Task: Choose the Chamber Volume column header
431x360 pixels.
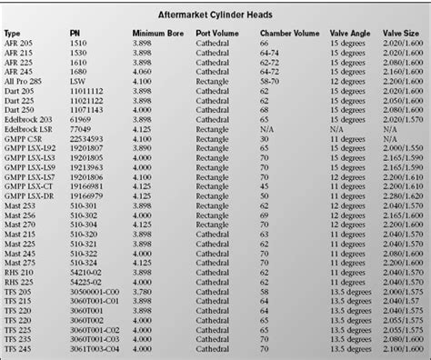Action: pyautogui.click(x=289, y=33)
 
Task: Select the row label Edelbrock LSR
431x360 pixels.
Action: pyautogui.click(x=30, y=129)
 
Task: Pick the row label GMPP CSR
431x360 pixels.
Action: pyautogui.click(x=25, y=138)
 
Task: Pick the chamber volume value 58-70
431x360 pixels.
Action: pyautogui.click(x=271, y=81)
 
